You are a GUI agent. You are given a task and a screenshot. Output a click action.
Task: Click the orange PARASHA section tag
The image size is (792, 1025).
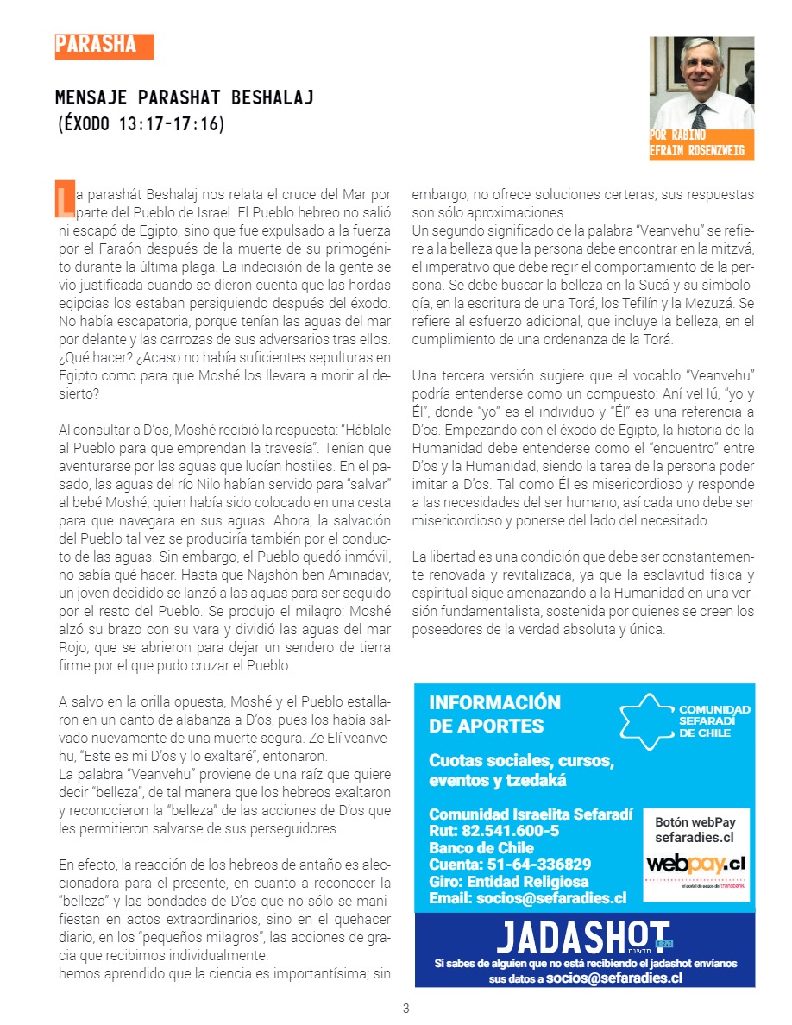(x=104, y=46)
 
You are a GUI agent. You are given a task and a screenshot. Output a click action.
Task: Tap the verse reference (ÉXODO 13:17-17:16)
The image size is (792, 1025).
(x=140, y=124)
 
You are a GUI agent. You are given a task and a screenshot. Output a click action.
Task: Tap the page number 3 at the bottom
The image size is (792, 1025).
(x=405, y=1009)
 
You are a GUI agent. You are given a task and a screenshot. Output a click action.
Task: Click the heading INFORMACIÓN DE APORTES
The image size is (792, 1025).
(x=494, y=714)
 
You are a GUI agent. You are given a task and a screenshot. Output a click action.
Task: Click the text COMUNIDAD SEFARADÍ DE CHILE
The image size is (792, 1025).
(x=714, y=720)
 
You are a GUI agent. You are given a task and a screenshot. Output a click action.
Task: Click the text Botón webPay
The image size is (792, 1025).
(x=695, y=821)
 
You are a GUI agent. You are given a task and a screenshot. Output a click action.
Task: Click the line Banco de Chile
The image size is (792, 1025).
(x=481, y=848)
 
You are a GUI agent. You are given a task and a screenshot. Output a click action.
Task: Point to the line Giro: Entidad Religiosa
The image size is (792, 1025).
(x=509, y=882)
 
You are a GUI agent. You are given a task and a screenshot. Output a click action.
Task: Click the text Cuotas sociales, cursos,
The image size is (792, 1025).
(x=521, y=761)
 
